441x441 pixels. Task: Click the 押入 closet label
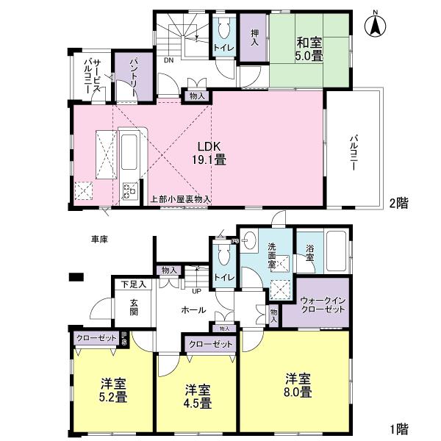click(254, 38)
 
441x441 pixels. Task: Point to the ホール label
click(193, 310)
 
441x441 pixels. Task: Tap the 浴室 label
click(309, 254)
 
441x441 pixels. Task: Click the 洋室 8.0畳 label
click(298, 385)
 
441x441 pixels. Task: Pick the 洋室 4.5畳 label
click(197, 395)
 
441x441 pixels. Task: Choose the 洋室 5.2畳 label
click(113, 390)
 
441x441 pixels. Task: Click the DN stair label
click(168, 60)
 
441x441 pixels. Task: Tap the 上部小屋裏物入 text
click(180, 198)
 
